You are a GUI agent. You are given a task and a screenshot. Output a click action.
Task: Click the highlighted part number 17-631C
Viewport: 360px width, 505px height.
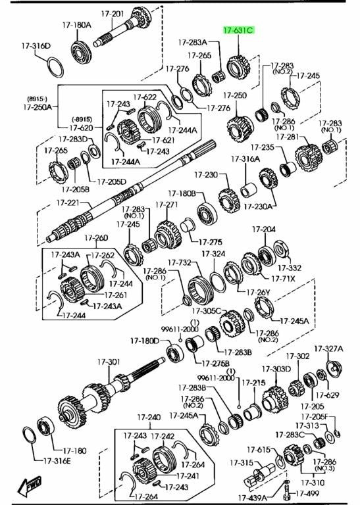tap(238, 31)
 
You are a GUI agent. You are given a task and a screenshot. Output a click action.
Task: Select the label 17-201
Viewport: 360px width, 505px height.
tap(112, 14)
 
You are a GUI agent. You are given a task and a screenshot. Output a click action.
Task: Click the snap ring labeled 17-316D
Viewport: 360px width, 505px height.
tap(55, 67)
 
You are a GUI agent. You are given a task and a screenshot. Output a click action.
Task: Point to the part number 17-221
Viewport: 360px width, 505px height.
tap(68, 203)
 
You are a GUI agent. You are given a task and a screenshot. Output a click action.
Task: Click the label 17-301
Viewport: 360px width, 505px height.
tap(109, 362)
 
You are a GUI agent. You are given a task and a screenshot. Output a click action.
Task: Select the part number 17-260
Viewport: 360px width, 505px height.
tap(96, 238)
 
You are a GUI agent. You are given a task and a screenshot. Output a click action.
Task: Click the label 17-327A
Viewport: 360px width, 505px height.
tap(328, 349)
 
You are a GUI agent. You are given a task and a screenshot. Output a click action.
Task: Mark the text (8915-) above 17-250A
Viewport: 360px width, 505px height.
tap(37, 99)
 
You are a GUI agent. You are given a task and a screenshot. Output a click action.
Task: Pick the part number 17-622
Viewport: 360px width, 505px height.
tap(145, 97)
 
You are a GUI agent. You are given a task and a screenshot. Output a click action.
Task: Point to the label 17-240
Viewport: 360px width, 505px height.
tap(149, 418)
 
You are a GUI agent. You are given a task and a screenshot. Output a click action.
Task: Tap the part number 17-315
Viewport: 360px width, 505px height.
tap(242, 463)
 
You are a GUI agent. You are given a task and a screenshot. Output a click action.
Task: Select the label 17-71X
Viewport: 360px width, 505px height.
tap(283, 279)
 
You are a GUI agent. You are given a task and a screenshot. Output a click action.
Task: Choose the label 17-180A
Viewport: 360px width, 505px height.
tap(77, 25)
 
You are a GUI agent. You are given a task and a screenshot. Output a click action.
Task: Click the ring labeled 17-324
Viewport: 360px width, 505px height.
tap(219, 282)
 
